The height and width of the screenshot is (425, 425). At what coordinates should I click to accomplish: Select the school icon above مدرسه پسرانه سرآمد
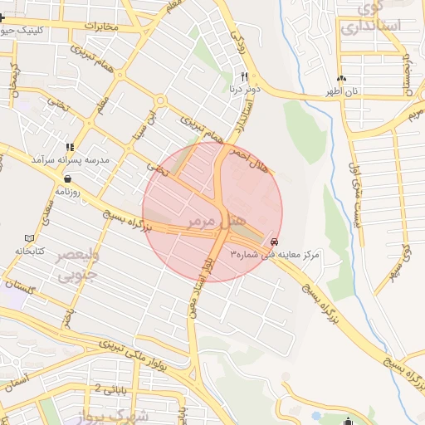69,146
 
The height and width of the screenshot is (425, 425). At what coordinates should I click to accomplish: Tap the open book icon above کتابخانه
30,237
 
